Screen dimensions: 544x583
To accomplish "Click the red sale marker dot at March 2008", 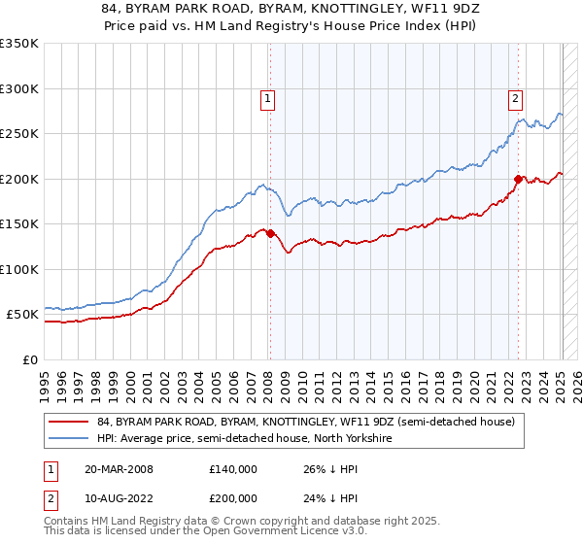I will click(x=270, y=233).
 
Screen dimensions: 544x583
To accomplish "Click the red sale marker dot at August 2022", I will click(x=518, y=179).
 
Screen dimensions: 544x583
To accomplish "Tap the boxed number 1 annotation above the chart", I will click(x=267, y=97).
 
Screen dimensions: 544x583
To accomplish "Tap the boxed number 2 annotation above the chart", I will click(x=514, y=97).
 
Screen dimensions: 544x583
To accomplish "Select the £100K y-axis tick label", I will click(x=18, y=269).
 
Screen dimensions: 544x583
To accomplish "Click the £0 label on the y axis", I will click(x=30, y=359).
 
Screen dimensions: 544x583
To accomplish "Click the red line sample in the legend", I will click(x=69, y=422).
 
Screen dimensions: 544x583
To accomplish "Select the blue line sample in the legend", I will click(x=69, y=438).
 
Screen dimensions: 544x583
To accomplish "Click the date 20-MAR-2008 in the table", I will click(x=119, y=469).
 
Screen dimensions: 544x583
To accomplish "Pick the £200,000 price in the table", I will click(x=232, y=497).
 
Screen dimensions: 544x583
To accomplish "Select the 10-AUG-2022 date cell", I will click(x=119, y=497).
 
